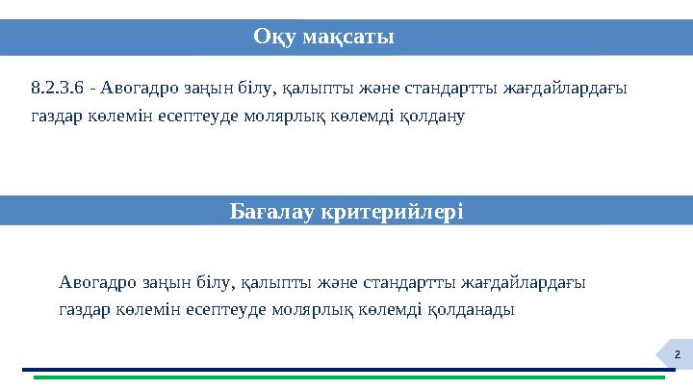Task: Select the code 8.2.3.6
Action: coord(57,90)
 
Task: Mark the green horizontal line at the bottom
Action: coord(346,377)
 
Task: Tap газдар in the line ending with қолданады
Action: coord(82,310)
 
